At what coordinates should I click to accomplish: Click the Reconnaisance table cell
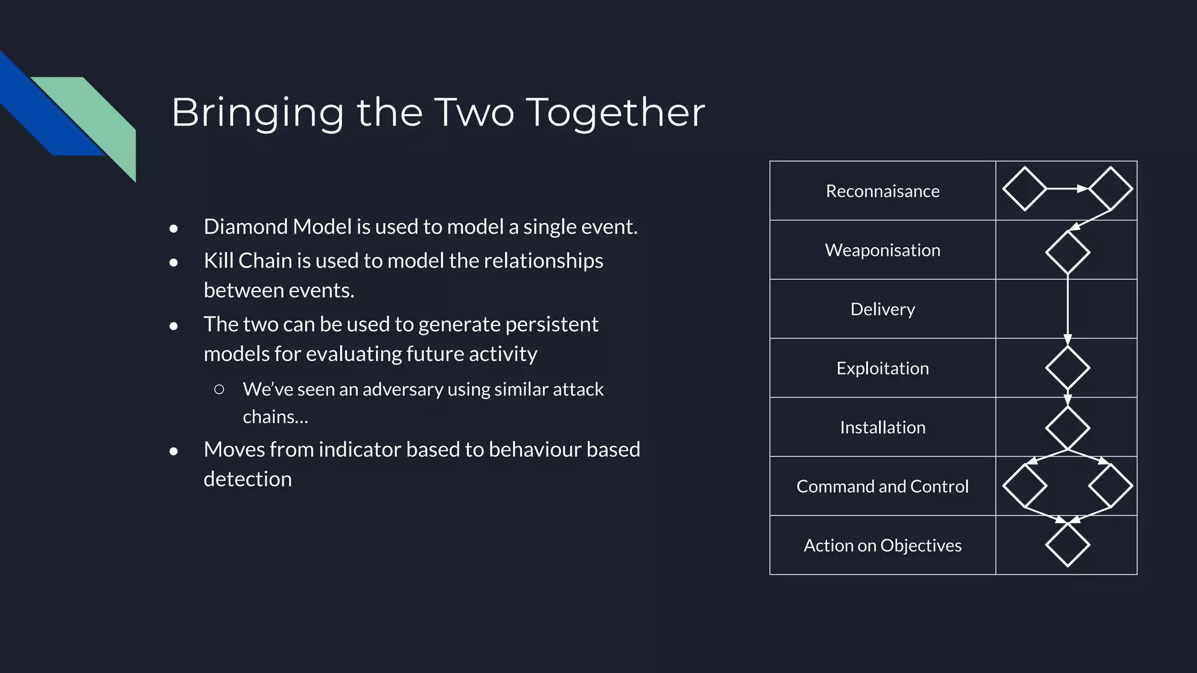[883, 191]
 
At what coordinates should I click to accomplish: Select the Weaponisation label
[883, 250]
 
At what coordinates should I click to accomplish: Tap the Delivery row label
[883, 309]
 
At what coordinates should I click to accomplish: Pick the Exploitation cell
[883, 368]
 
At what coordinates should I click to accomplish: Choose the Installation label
[883, 427]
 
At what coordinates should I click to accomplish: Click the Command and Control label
[883, 486]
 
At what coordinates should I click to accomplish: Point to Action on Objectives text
[883, 545]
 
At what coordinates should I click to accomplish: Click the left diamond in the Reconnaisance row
[1025, 189]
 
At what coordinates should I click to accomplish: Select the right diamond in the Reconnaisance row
[1110, 189]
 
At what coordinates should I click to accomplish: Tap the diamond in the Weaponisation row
[1067, 252]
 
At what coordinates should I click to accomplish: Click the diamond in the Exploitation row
[1067, 367]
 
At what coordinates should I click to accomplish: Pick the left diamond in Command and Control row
[1025, 485]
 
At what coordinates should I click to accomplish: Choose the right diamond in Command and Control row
[1110, 485]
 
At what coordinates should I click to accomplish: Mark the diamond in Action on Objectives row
[1067, 544]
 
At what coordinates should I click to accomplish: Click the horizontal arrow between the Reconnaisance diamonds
[1067, 189]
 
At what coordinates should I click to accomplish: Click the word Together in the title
[615, 112]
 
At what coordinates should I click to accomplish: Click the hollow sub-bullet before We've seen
[219, 389]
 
